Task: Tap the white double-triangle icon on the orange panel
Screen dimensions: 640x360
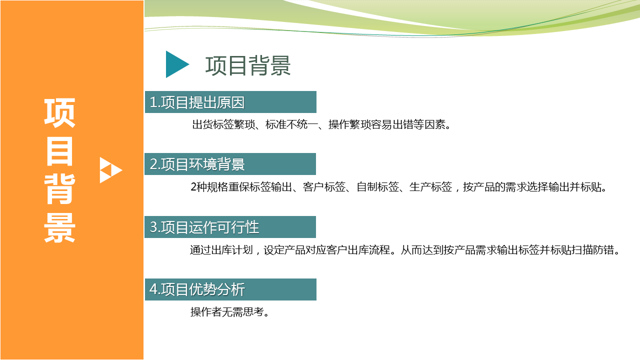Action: pos(111,170)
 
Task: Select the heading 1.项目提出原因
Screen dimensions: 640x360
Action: pos(197,102)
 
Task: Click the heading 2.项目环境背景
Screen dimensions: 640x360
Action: pos(197,164)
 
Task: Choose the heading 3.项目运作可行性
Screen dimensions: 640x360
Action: pos(204,227)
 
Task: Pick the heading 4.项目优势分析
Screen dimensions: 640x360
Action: pos(197,289)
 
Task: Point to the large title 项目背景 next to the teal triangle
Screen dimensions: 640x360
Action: pos(248,65)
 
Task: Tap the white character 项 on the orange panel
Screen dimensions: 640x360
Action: pos(59,112)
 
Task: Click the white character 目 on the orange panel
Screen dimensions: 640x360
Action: pos(59,151)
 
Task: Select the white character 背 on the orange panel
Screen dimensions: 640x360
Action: pos(59,189)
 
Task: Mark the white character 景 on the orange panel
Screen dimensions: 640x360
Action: pos(59,228)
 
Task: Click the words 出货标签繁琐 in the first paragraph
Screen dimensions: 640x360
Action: pos(223,124)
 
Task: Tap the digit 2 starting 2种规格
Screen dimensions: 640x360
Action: pos(193,187)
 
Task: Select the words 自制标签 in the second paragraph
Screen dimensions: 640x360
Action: pos(377,187)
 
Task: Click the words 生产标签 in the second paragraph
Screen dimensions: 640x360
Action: pos(431,187)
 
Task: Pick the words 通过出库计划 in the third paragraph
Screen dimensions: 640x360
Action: pos(221,250)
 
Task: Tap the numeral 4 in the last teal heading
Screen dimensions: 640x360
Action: pos(153,289)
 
